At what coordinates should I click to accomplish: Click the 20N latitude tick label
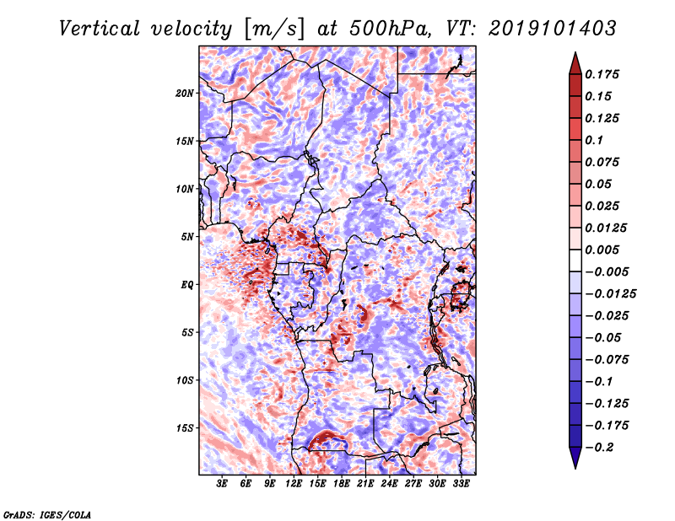(185, 93)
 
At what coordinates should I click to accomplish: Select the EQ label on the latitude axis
(188, 285)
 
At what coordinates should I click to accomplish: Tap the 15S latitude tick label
(185, 428)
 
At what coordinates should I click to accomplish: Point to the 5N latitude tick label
(187, 237)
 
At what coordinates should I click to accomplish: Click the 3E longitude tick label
(223, 484)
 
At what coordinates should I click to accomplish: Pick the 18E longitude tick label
(342, 484)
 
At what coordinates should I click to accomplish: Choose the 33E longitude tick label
(461, 484)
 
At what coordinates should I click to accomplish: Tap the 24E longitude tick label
(389, 484)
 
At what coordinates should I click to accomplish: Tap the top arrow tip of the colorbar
(574, 54)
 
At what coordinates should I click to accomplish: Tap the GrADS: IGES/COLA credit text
(46, 513)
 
